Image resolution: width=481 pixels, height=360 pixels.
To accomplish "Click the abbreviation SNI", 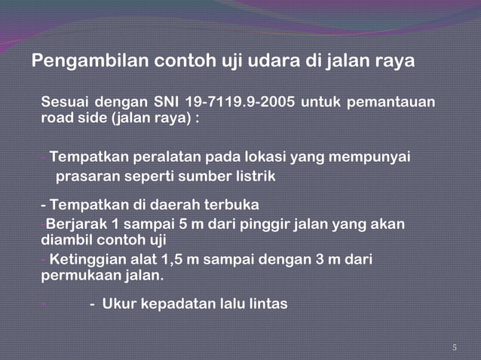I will tap(166, 102).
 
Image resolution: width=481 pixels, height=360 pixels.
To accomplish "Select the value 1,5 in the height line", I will tap(182, 260).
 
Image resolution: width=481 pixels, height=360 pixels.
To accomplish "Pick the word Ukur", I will tap(120, 304).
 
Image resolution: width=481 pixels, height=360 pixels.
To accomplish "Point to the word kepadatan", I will tap(179, 304).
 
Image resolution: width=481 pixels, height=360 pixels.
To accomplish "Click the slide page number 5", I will tap(455, 347).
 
